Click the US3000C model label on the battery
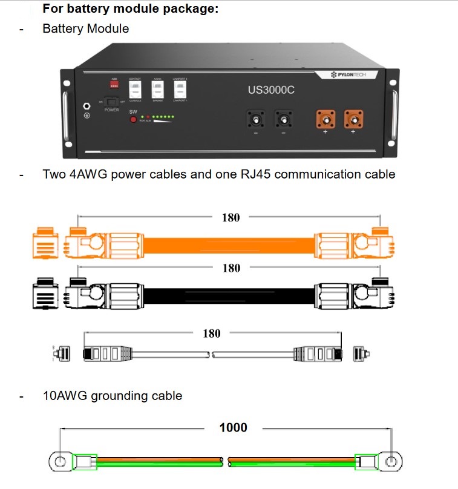270,90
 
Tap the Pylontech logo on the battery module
353,74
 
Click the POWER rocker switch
112,102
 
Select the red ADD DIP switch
114,84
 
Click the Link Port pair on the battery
180,91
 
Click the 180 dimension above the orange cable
231,217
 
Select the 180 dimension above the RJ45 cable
211,333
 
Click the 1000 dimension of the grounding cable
233,427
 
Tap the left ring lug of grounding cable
59,462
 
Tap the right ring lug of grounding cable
391,462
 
